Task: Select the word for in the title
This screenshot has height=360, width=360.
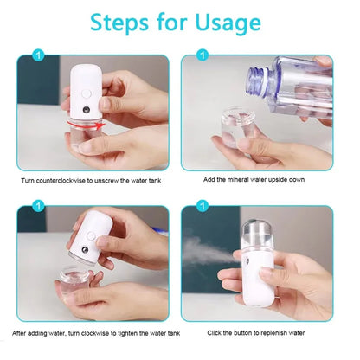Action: (x=176, y=22)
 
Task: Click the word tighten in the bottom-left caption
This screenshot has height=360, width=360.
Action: (x=124, y=333)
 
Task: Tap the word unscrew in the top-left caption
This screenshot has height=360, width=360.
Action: (x=111, y=179)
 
